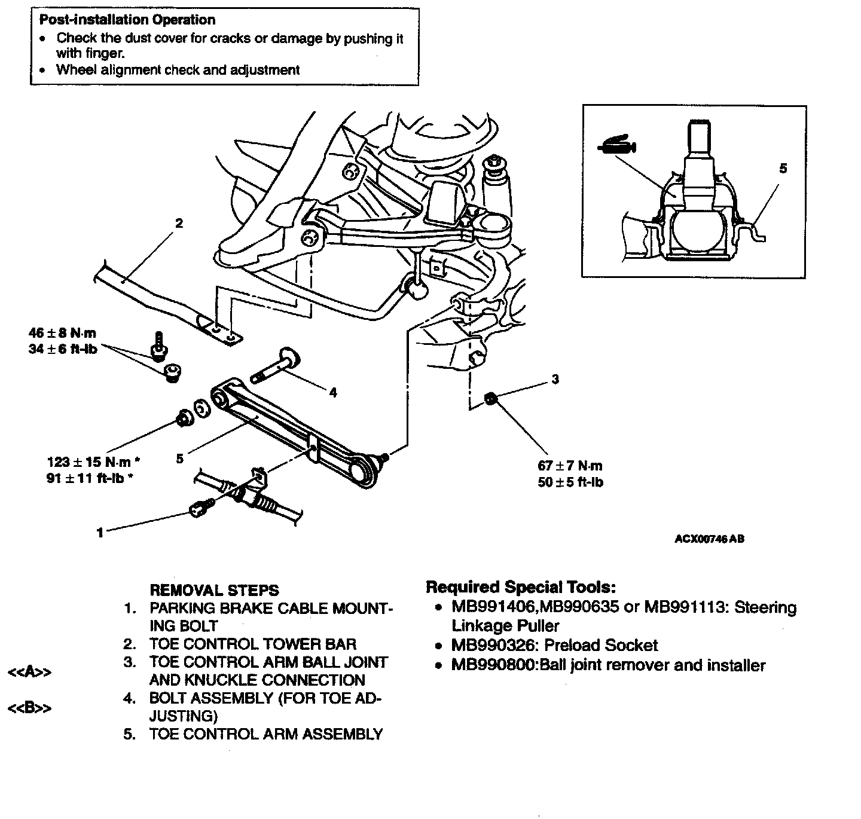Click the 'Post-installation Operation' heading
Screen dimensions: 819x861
click(127, 20)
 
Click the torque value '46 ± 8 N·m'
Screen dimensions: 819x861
click(62, 332)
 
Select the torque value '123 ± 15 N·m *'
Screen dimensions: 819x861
click(94, 462)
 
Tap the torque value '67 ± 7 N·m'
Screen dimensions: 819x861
click(570, 466)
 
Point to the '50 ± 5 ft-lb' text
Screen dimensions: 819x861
click(570, 482)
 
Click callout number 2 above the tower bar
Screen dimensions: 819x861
click(179, 224)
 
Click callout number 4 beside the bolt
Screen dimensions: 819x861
click(333, 393)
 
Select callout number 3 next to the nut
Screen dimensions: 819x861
click(555, 379)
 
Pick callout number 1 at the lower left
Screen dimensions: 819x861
click(100, 532)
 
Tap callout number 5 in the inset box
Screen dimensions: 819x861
click(783, 169)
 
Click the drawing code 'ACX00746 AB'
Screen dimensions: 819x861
click(709, 539)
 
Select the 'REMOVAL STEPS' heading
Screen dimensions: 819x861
click(214, 591)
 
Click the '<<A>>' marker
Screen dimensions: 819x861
click(29, 673)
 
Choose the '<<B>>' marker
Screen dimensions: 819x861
click(29, 709)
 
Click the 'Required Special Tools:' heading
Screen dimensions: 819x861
click(521, 587)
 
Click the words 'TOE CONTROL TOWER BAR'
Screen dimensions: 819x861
click(252, 644)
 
